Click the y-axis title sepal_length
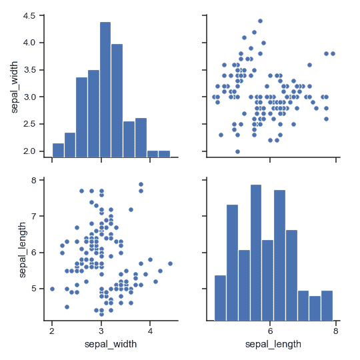click(x=22, y=250)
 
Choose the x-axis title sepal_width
click(x=111, y=344)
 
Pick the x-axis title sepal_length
click(x=273, y=344)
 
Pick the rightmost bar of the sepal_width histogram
click(x=164, y=153)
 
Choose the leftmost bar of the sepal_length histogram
click(x=220, y=297)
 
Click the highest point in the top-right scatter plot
click(x=260, y=21)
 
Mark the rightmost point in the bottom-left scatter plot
click(x=171, y=263)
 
